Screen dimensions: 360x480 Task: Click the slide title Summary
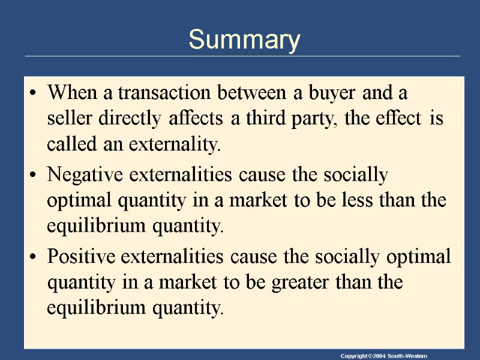pyautogui.click(x=244, y=40)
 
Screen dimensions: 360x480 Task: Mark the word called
pyautogui.click(x=68, y=145)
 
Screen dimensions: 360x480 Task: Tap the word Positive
pyautogui.click(x=82, y=257)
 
